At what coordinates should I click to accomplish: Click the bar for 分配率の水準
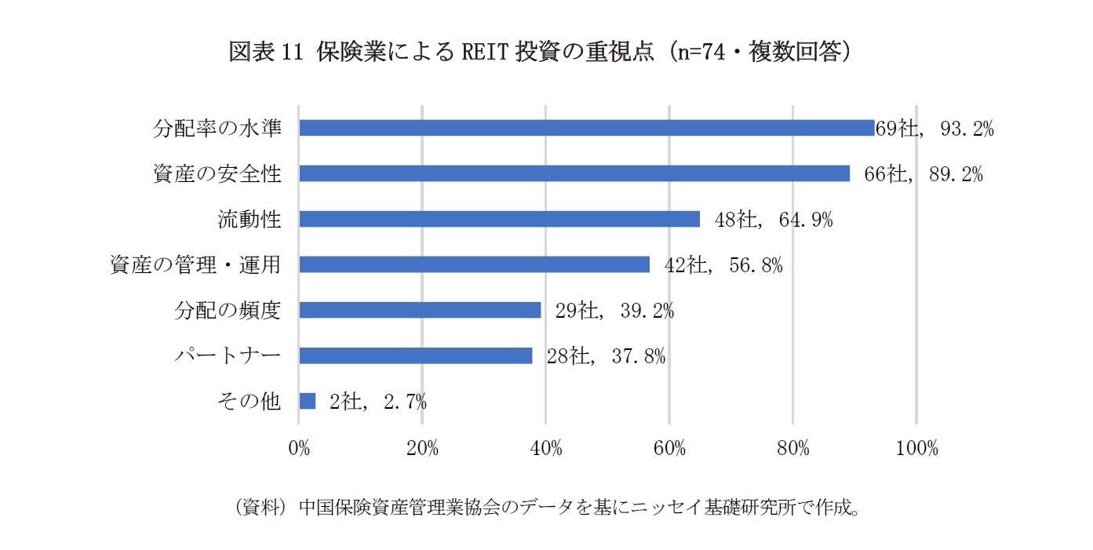(586, 128)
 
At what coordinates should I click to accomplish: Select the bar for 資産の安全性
(574, 173)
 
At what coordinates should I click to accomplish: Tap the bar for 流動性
(499, 219)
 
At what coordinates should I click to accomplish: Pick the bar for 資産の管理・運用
(474, 264)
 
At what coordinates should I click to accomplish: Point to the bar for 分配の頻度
(420, 310)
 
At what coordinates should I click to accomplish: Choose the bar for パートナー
(416, 355)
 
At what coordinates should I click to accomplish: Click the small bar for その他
(308, 401)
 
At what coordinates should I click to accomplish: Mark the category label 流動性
(249, 220)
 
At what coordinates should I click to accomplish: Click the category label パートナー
(227, 356)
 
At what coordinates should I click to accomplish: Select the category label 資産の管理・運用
(195, 265)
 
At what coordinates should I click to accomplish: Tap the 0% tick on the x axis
(299, 449)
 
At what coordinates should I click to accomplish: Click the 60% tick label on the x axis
(669, 449)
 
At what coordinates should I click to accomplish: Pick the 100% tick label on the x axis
(916, 449)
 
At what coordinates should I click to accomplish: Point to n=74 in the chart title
(710, 52)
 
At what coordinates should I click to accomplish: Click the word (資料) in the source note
(260, 507)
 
